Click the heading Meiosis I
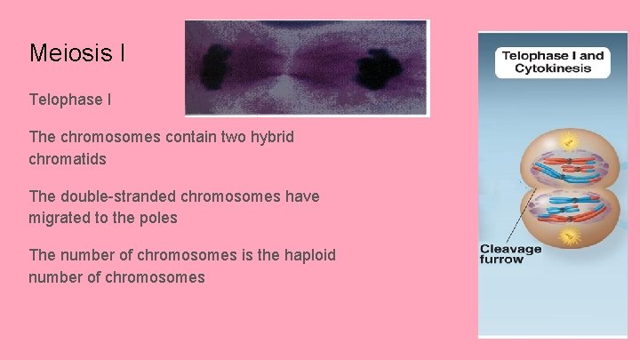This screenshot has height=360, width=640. [76, 53]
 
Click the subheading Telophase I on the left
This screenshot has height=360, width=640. [70, 100]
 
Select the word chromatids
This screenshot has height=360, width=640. [68, 159]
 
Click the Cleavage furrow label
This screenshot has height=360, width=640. [510, 253]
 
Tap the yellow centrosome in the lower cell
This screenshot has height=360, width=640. [570, 236]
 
